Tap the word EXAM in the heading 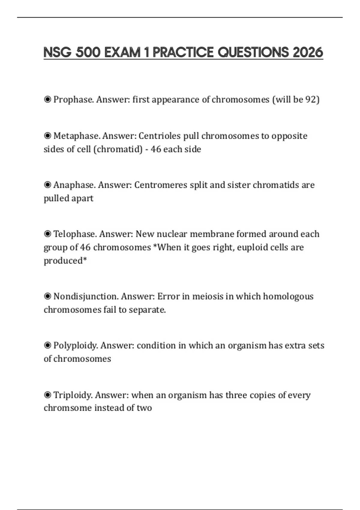122,52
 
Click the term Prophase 73,100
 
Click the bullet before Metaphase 47,136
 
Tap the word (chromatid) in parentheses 118,149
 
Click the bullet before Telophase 47,234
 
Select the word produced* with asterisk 65,260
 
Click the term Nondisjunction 86,296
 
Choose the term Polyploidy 76,346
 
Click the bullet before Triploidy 47,395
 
